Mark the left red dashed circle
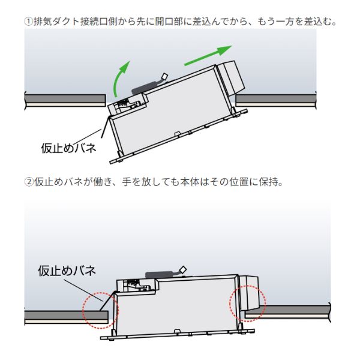[x=101, y=308]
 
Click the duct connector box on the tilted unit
[x=230, y=76]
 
